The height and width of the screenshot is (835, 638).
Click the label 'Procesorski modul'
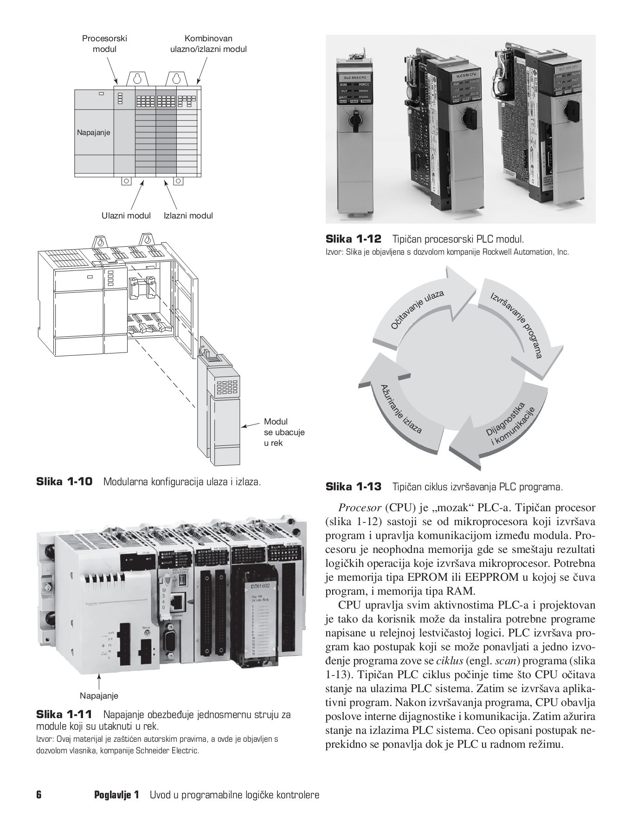(x=104, y=44)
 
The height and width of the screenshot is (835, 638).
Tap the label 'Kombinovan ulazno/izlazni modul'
(x=208, y=44)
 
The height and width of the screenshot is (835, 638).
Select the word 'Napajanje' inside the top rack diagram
(x=94, y=133)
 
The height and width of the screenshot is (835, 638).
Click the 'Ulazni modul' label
(x=126, y=215)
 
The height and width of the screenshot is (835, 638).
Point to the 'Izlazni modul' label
(x=188, y=215)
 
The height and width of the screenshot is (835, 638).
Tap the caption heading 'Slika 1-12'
(x=354, y=239)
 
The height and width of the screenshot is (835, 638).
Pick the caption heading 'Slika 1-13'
(x=354, y=487)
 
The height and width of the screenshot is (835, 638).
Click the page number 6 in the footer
(x=39, y=795)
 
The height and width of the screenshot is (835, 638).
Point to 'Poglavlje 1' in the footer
(x=116, y=795)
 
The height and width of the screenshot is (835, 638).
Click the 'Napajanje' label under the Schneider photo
(x=99, y=695)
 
